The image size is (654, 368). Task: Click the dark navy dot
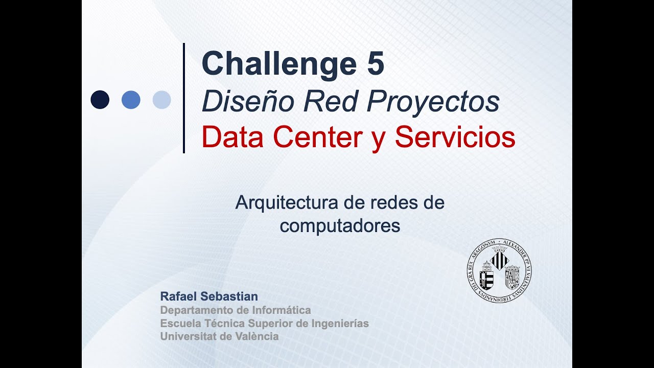[100, 100]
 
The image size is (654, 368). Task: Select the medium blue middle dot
[131, 100]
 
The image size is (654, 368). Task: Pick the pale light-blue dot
[161, 100]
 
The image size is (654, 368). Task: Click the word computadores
[340, 225]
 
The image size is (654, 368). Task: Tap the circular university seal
[499, 269]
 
